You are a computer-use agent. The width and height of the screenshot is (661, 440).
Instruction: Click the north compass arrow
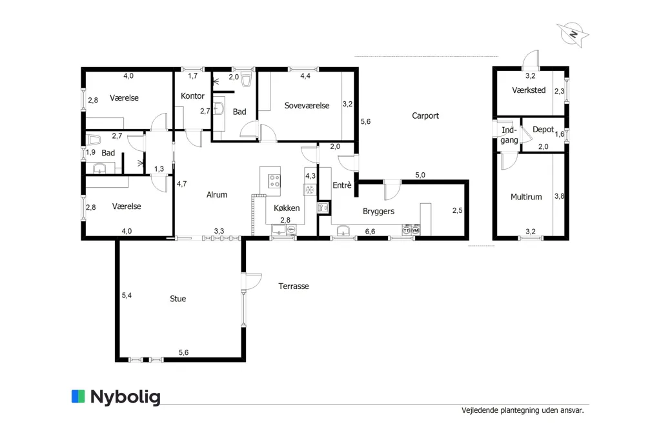pos(573,34)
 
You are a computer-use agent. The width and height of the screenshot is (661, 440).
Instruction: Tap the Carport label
pos(425,116)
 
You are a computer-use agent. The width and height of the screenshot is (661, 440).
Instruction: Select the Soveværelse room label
pos(307,106)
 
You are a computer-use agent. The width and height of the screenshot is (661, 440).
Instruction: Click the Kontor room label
pos(192,96)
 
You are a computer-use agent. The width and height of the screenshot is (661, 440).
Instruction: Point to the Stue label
pos(178,299)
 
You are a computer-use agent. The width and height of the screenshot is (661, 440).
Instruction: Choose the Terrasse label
pos(294,286)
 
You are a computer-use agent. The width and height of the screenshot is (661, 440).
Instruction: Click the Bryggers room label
pos(378,212)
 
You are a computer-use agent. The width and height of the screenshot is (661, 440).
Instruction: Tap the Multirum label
pos(526,197)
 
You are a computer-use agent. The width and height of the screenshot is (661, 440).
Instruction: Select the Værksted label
pos(529,90)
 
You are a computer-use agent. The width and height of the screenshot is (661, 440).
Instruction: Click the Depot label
pos(543,130)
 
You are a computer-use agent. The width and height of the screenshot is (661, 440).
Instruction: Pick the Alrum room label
pos(217,195)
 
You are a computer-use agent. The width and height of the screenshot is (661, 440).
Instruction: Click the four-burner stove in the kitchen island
pos(274,182)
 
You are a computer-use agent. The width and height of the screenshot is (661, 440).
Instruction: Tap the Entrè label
pos(342,185)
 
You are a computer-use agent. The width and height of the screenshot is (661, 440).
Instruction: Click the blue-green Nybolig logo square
pos(78,396)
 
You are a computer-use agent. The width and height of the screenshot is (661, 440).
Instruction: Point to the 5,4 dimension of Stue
pos(127,296)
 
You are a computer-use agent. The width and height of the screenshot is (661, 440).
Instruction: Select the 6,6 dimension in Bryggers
pos(370,232)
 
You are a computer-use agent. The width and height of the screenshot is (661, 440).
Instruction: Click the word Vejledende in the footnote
pos(480,410)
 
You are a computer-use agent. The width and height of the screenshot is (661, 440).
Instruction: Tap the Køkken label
pos(287,208)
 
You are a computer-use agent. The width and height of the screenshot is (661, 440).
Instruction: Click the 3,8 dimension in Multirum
pos(560,196)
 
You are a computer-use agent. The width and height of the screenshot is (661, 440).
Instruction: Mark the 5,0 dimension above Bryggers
pos(420,175)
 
